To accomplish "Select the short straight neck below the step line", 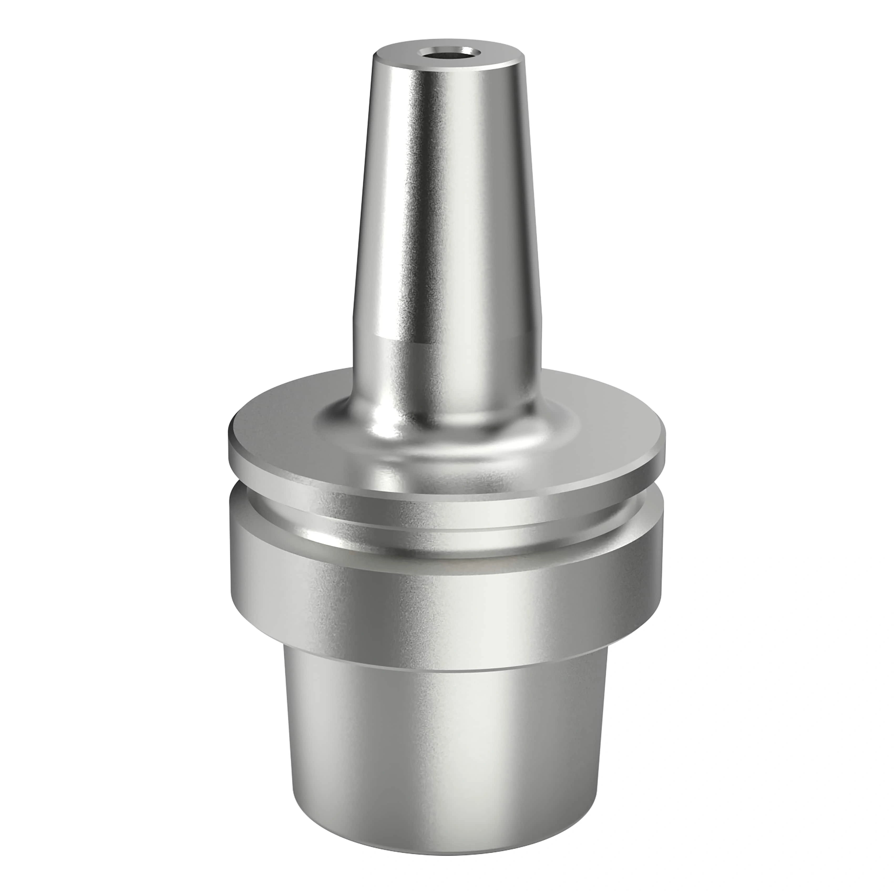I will pos(444,370).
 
